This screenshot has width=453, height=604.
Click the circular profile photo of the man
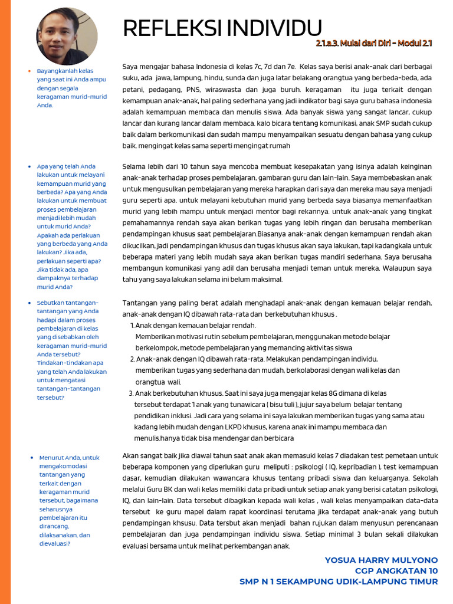click(67, 36)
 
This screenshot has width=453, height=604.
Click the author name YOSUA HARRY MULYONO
click(381, 560)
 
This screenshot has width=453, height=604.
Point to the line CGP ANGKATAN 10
click(396, 570)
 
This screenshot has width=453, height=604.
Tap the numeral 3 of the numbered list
click(131, 393)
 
